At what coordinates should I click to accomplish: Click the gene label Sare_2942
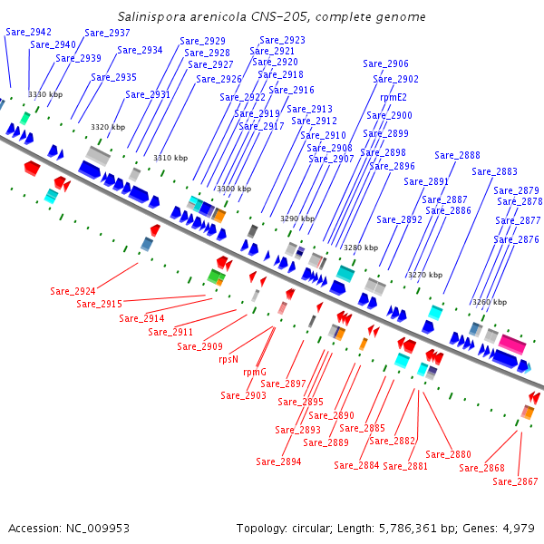pos(28,33)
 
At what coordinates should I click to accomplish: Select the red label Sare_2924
pos(73,291)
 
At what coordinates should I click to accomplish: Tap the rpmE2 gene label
pos(393,98)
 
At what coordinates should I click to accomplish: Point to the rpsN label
pos(228,359)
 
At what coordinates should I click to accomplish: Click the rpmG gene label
pos(255,373)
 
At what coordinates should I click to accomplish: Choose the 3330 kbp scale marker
pos(45,94)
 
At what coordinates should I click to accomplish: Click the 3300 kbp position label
pos(234,189)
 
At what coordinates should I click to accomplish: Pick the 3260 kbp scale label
pos(490,302)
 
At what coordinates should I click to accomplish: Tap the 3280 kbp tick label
pos(361,248)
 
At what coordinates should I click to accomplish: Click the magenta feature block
pos(512,344)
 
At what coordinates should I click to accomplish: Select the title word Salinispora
pos(151,16)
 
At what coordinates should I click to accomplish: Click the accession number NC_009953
pos(98,529)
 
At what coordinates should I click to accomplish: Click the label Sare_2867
pos(515,481)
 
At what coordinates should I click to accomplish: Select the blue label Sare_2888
pos(457,155)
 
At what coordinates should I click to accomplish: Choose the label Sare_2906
pos(385,63)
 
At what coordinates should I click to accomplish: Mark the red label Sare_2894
pos(278,461)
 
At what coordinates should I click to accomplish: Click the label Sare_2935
pos(114,77)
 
